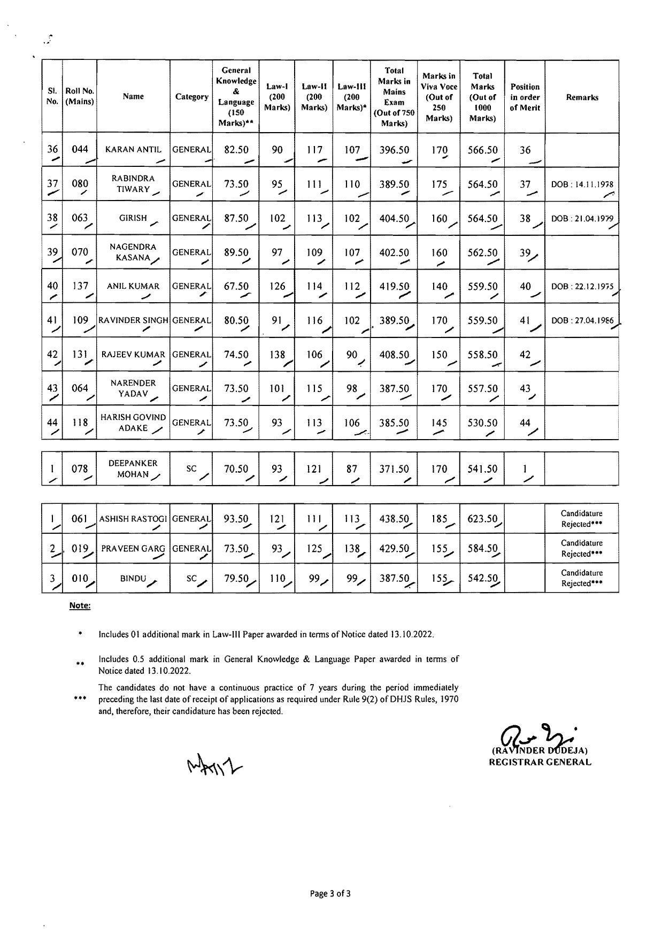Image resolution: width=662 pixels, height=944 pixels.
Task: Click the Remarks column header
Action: pyautogui.click(x=582, y=97)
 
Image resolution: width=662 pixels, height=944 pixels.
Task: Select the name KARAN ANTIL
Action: pyautogui.click(x=133, y=150)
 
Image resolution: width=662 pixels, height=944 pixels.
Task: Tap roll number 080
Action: pyautogui.click(x=80, y=184)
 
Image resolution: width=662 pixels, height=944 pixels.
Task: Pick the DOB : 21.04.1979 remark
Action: pyautogui.click(x=582, y=218)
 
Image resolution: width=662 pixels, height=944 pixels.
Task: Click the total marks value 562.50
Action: pyautogui.click(x=482, y=252)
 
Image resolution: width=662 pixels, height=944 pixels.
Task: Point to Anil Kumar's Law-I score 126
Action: pyautogui.click(x=277, y=286)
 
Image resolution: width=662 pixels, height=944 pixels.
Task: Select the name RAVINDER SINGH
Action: pyautogui.click(x=133, y=320)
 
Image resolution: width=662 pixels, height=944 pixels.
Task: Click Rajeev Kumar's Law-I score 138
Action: pyautogui.click(x=277, y=355)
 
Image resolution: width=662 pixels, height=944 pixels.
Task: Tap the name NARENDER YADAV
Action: pyautogui.click(x=133, y=388)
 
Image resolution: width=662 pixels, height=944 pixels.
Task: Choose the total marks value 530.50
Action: pyautogui.click(x=482, y=423)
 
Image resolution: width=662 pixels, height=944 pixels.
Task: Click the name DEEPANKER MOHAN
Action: pyautogui.click(x=133, y=469)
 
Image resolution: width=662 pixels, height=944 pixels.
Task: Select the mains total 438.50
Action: pyautogui.click(x=394, y=518)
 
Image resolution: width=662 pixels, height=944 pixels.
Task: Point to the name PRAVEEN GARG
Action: pyautogui.click(x=133, y=548)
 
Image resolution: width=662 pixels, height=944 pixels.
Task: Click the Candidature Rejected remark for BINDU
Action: pyautogui.click(x=582, y=578)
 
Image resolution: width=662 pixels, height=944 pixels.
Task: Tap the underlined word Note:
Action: pyautogui.click(x=80, y=605)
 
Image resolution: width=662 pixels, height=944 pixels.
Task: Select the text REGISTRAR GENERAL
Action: pyautogui.click(x=540, y=762)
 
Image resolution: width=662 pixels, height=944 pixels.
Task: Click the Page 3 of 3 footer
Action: pyautogui.click(x=330, y=893)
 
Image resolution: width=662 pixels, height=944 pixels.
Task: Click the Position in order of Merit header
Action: pyautogui.click(x=525, y=97)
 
